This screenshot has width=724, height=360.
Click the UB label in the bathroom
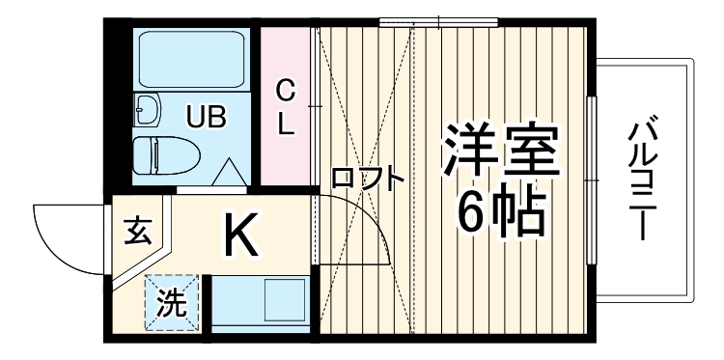point(206,119)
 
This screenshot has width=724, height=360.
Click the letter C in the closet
point(286,91)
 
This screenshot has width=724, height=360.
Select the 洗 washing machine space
point(172,304)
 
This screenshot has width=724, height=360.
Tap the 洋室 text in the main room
point(500,150)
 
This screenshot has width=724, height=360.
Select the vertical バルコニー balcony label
point(645,180)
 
